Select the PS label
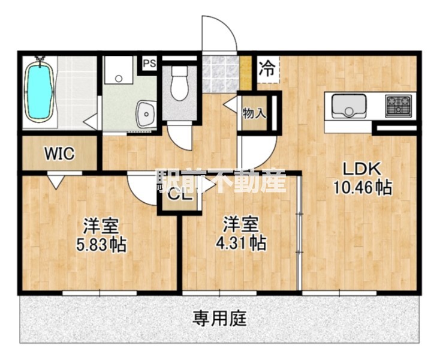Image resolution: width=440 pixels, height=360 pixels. [149, 63]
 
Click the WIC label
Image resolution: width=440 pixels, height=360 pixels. [59, 154]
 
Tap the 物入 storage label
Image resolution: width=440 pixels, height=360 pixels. [254, 112]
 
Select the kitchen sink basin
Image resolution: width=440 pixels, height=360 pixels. [346, 107]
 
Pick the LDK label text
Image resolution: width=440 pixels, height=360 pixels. [363, 169]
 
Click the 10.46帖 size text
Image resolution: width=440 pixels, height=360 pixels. [363, 188]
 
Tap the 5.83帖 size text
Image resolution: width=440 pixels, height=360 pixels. [101, 245]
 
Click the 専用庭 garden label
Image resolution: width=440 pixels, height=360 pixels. [220, 317]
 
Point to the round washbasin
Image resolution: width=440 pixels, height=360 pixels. [146, 112]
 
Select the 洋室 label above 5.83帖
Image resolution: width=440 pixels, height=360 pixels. [100, 226]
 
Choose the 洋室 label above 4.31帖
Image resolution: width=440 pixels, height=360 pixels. [241, 225]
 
